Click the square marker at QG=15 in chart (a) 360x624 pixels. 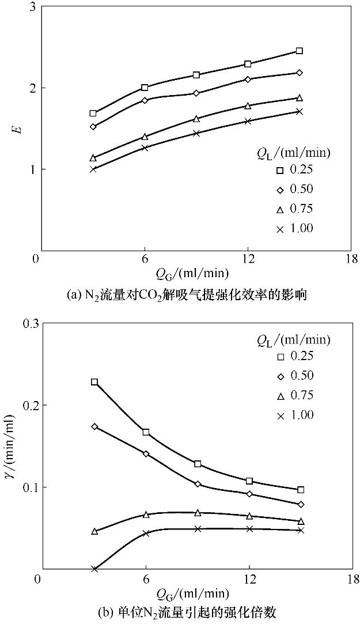tap(300, 51)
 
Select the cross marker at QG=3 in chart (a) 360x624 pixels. tap(93, 169)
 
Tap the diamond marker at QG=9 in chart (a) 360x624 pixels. tap(196, 93)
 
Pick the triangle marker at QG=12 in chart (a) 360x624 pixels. tap(248, 105)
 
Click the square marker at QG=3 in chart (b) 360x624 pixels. tap(94, 382)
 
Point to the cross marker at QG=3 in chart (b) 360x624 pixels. tap(94, 569)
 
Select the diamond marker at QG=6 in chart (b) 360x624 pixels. tap(146, 454)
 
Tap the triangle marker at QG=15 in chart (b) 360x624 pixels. tap(301, 521)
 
